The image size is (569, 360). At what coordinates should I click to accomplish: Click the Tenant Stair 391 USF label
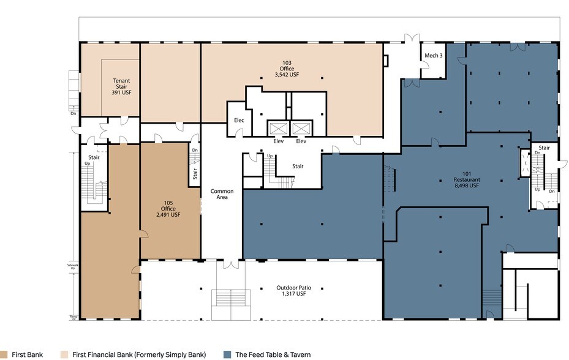pos(121,86)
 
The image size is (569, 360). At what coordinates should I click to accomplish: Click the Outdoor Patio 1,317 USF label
pos(290,291)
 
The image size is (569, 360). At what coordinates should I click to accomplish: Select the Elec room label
pos(239,120)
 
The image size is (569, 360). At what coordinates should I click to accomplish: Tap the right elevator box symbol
pos(301,128)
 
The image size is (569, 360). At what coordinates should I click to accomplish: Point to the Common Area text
pos(222,195)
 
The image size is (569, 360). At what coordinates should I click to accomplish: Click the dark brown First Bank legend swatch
pos(4,354)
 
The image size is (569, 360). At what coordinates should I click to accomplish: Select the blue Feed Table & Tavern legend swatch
pos(227,354)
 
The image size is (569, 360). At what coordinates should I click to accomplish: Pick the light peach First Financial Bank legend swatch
pos(64,354)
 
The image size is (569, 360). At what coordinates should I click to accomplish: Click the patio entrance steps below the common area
pos(230,304)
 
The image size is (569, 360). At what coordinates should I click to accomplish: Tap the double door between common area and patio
pos(230,264)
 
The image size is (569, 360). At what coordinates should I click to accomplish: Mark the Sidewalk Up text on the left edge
pos(72,267)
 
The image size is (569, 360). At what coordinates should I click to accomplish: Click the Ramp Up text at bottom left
pos(73,318)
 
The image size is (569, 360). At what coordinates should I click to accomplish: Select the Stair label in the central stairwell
pos(298,166)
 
